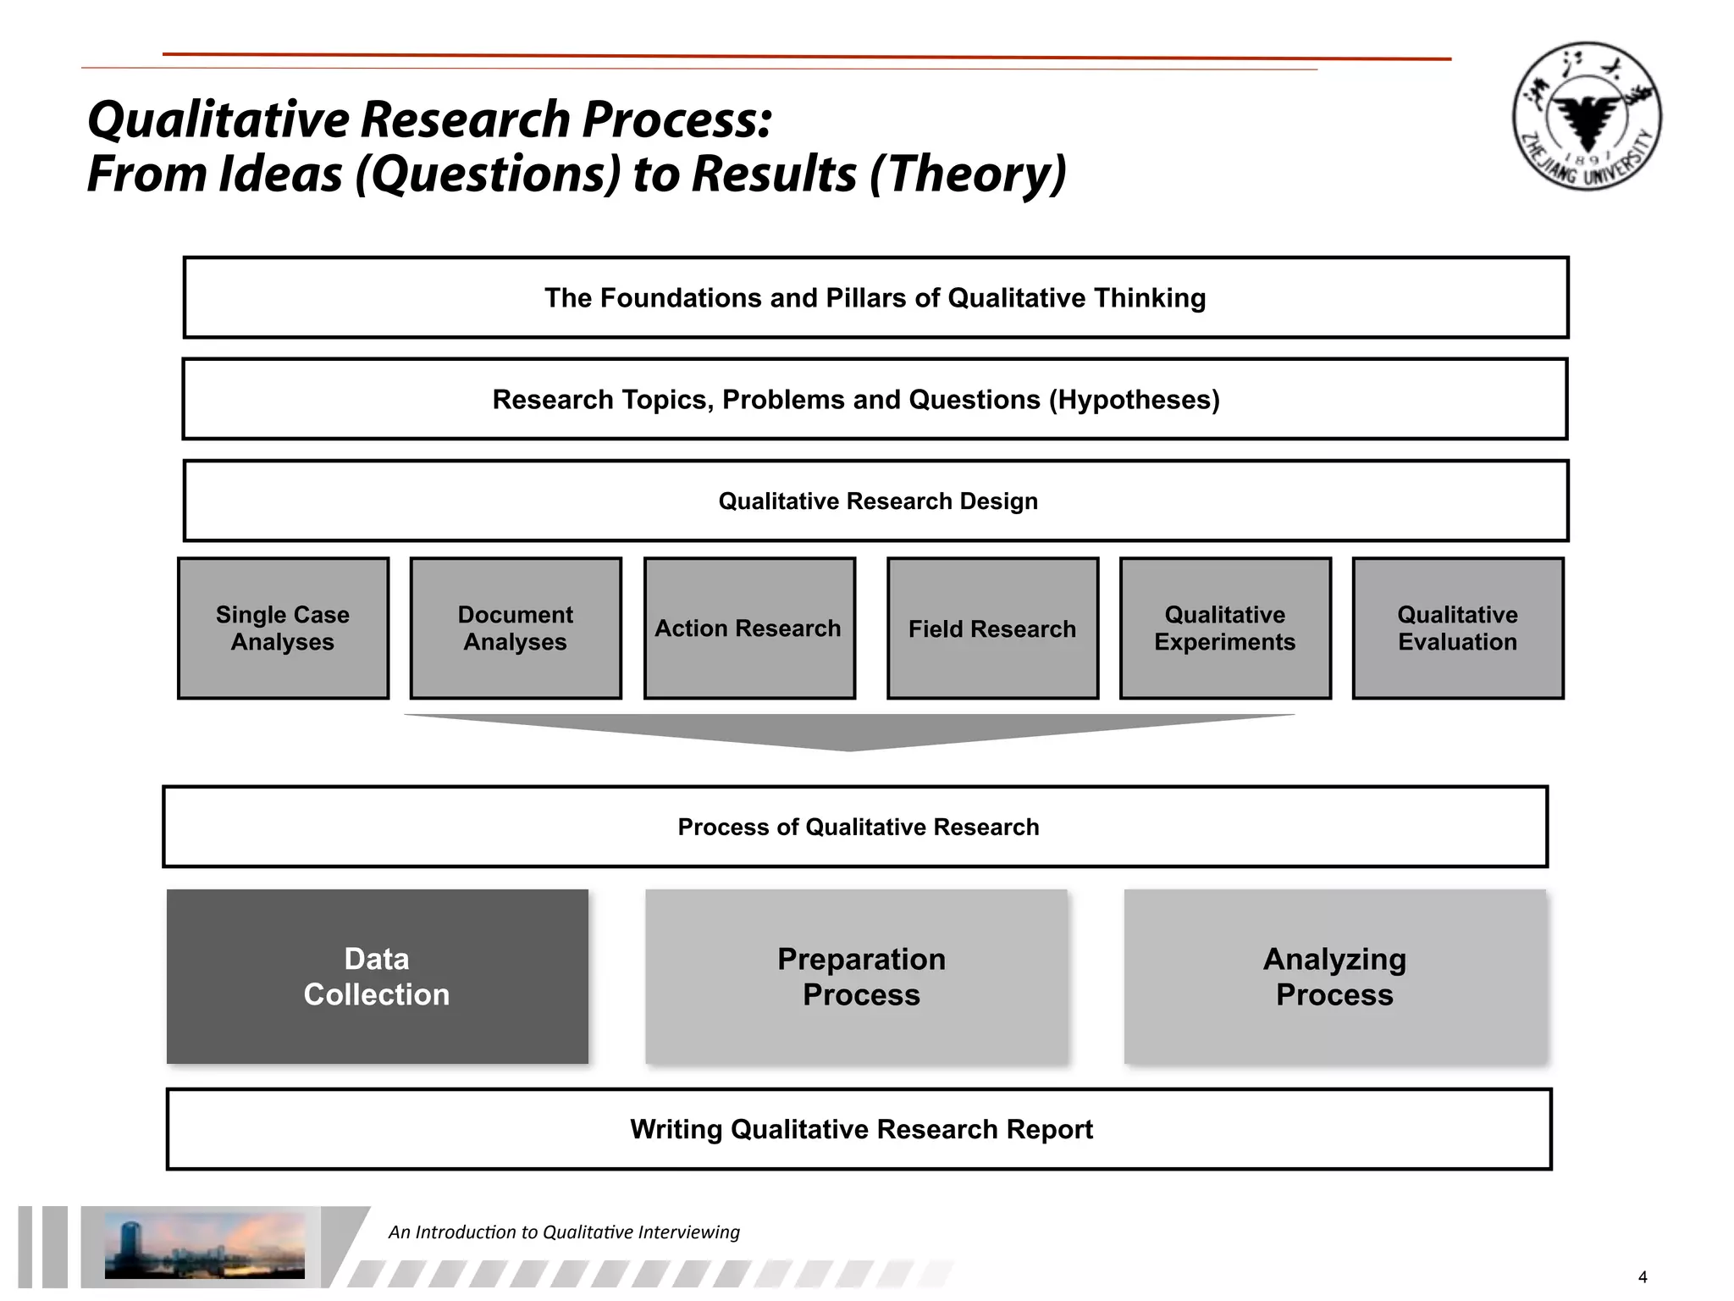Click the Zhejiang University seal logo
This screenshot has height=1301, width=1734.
(1587, 116)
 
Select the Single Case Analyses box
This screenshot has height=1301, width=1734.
(283, 628)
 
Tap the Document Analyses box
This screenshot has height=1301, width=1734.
(516, 628)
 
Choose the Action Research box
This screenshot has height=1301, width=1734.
(749, 628)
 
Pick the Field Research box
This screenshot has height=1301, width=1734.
(992, 628)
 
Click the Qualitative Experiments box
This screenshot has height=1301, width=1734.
(1225, 628)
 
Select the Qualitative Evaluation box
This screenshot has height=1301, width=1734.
(1457, 628)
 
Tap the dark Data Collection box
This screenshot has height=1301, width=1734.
(377, 976)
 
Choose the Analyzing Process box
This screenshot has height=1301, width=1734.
(1334, 976)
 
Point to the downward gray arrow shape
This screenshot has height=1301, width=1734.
(849, 730)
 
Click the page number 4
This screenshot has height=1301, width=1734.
(1643, 1277)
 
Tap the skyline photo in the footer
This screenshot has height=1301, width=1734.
(204, 1244)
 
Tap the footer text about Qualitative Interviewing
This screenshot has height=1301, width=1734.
(564, 1232)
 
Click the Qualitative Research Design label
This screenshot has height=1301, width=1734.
(878, 501)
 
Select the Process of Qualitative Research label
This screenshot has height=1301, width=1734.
(859, 827)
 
